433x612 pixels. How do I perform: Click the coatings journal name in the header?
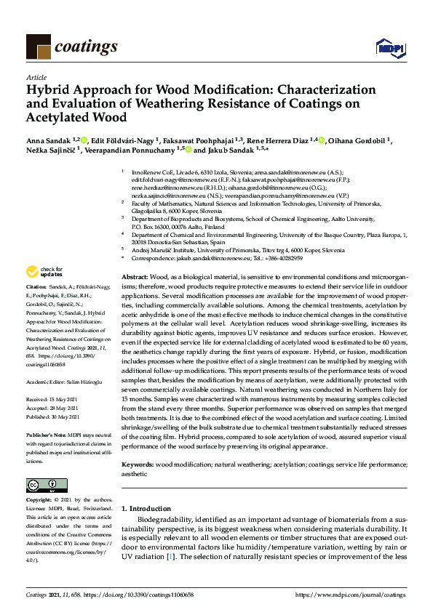click(85, 47)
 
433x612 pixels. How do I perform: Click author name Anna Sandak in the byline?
click(49, 140)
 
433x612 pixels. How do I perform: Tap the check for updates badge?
click(44, 292)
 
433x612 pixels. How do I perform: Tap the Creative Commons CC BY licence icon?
click(41, 485)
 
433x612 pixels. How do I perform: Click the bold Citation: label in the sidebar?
click(39, 307)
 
